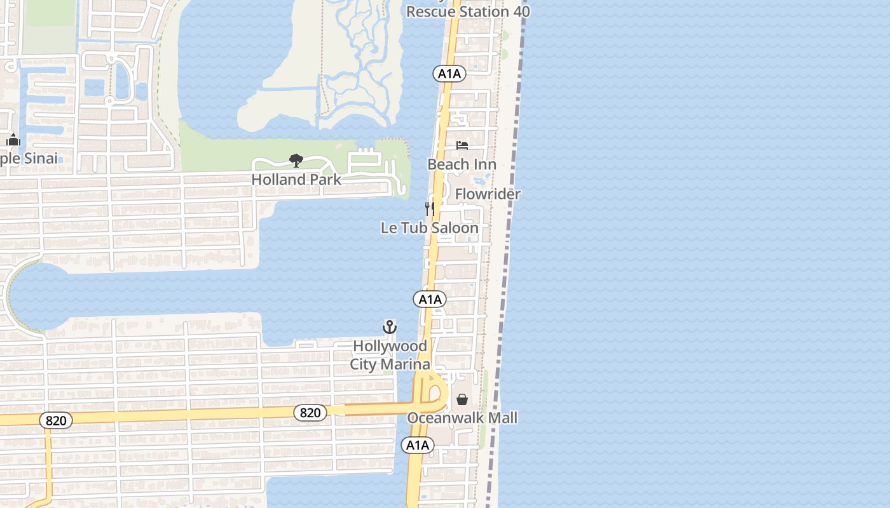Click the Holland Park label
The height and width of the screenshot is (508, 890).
[296, 180]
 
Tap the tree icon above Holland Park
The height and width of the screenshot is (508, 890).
[296, 160]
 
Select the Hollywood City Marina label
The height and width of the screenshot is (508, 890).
[390, 355]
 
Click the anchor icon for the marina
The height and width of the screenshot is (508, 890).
[390, 327]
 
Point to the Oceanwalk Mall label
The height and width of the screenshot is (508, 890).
[462, 418]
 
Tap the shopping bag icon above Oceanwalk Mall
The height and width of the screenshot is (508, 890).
[462, 399]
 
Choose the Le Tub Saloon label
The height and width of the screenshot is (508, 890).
[430, 227]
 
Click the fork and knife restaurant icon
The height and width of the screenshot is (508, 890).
[430, 208]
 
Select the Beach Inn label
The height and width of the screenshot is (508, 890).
[462, 164]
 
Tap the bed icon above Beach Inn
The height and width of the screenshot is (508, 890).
[462, 145]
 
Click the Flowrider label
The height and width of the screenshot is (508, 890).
[488, 194]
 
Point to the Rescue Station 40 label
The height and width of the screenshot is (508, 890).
[468, 11]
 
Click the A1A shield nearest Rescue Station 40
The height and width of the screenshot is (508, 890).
[449, 74]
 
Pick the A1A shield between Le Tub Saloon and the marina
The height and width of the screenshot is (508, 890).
[430, 299]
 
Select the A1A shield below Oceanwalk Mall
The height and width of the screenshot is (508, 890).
[418, 445]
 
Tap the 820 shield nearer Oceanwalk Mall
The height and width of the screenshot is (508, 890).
[310, 413]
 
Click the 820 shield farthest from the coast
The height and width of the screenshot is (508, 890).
[56, 420]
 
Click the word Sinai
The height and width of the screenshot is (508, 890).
[39, 158]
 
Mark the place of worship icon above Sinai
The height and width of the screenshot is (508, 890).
[13, 140]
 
